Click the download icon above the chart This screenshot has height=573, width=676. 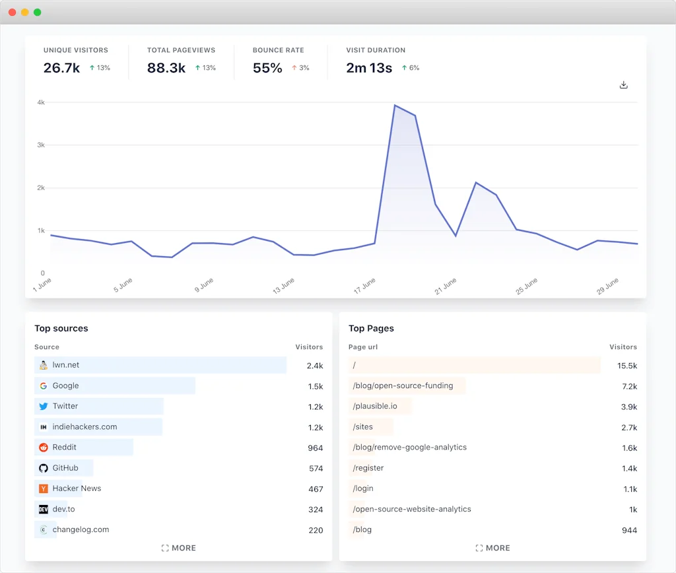tap(623, 85)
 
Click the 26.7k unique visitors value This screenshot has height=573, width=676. tap(61, 68)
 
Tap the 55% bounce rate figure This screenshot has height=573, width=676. tap(267, 68)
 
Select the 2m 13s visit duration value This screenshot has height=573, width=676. tap(369, 68)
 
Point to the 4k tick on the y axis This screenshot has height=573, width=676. tap(41, 102)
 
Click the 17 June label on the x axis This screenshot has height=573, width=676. tap(364, 286)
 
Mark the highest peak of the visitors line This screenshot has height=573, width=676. tap(395, 105)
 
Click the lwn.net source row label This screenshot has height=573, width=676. tap(66, 365)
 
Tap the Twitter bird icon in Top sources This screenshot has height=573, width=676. tap(44, 407)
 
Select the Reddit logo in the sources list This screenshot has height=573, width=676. tap(44, 448)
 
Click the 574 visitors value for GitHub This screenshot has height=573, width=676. tap(316, 469)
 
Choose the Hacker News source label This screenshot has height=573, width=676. tap(77, 489)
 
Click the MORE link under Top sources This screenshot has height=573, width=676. tap(179, 548)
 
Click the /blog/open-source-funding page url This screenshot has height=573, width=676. tap(403, 386)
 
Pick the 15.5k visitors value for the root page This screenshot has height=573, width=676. tap(627, 366)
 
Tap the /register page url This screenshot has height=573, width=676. tap(368, 468)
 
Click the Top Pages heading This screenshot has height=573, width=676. tap(371, 328)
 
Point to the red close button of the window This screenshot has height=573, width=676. tap(12, 12)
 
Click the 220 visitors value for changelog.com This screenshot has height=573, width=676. tap(316, 530)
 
